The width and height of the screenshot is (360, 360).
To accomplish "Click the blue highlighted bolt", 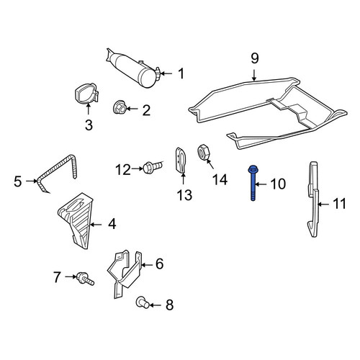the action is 253,183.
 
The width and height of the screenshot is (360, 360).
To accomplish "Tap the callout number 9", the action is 255,58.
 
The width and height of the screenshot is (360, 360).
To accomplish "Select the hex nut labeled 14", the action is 204,152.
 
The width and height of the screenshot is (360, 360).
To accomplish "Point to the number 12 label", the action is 123,170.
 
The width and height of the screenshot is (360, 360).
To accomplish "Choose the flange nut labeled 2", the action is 120,108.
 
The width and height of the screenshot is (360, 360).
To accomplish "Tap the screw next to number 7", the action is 86,279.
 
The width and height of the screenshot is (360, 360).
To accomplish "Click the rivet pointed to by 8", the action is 143,303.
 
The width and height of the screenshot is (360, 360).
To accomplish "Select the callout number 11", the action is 339,204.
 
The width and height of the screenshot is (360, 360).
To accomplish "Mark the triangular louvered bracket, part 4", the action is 76,218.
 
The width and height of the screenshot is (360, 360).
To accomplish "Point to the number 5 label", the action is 18,181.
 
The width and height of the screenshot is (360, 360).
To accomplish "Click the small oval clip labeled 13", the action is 181,160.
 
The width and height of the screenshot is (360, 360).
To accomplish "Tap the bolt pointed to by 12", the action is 153,167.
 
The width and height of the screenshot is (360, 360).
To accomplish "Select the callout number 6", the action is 159,264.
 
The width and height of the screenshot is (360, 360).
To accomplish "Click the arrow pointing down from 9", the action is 254,75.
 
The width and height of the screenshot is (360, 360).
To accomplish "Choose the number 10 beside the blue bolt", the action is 278,184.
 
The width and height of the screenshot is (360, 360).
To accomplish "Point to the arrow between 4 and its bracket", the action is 96,225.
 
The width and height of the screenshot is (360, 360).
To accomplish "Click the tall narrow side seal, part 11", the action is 313,199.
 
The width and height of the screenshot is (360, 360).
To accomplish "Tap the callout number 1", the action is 181,73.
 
